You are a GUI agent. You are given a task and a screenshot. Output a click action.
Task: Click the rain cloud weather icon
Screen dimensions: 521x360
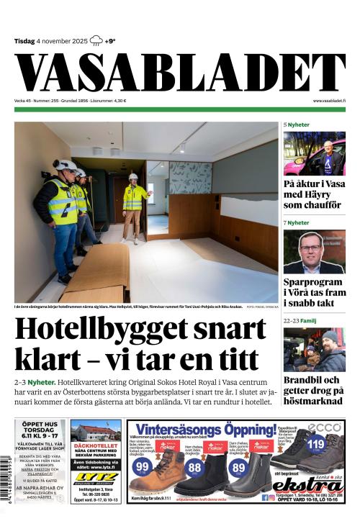96,41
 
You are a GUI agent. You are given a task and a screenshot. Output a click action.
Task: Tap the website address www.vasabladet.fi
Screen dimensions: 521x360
328,101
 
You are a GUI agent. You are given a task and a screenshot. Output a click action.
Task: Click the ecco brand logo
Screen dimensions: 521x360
329,427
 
